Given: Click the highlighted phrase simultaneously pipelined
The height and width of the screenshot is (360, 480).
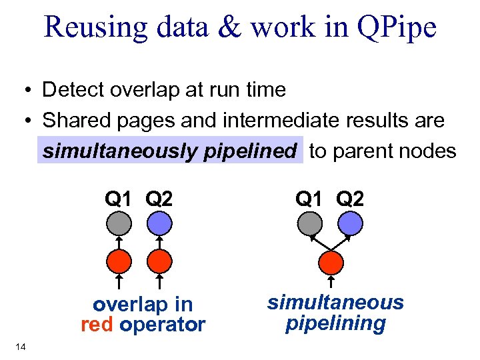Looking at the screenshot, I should (x=169, y=151).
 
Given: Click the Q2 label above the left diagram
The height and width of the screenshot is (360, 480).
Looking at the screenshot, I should (x=159, y=198).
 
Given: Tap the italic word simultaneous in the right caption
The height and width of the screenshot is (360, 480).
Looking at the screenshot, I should (x=335, y=303).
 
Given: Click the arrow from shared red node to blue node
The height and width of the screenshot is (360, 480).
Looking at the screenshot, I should (x=341, y=243).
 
